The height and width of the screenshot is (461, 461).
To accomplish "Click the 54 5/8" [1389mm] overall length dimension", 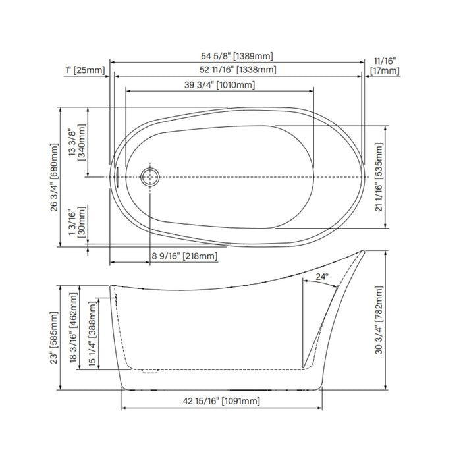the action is coord(236,56).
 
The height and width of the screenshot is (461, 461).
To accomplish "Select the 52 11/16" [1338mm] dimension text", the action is coord(238,70).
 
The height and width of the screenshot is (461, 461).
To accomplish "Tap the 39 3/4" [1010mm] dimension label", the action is coord(219,85).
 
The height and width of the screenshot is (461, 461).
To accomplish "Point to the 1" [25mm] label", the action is coord(85,70).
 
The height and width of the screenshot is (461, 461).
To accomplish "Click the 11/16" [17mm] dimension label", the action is coord(385,66).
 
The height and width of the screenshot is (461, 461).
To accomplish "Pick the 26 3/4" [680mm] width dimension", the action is coord(55,177).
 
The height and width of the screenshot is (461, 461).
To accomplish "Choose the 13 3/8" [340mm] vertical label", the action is coord(77,142).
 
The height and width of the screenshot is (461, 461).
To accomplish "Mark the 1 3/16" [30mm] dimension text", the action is coord(77,223).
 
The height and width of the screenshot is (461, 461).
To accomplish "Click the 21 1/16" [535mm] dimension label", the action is coord(379,177).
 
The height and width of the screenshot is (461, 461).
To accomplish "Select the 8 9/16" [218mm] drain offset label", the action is coord(184,256).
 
